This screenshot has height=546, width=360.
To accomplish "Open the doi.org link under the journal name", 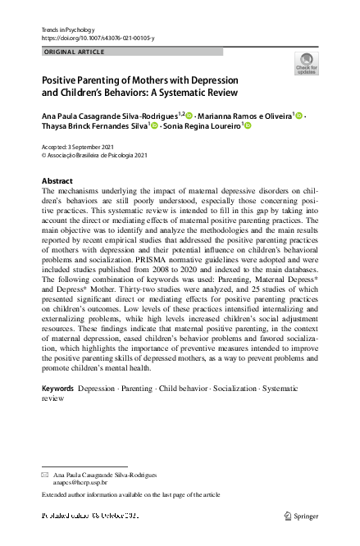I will pyautogui.click(x=97, y=39).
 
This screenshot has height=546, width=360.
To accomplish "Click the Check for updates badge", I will pyautogui.click(x=306, y=63).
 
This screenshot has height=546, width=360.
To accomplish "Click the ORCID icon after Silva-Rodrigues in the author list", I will pyautogui.click(x=189, y=116).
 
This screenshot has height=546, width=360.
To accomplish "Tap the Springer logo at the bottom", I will pyautogui.click(x=303, y=516).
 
